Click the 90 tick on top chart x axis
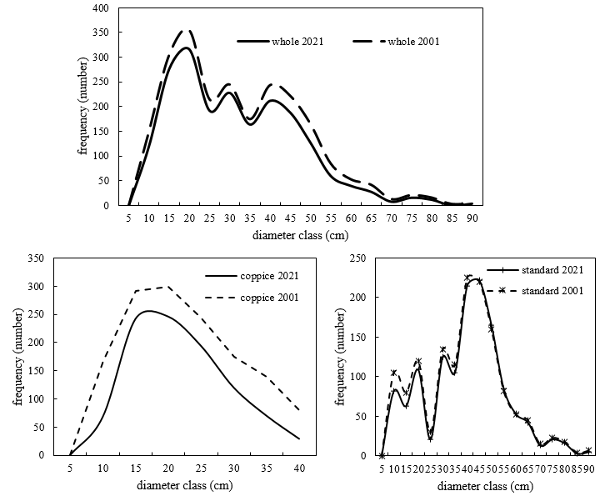point(471,219)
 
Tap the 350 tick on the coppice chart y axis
point(35,258)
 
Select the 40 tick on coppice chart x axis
point(298,468)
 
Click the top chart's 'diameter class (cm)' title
point(296,235)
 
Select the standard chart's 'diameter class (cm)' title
point(485,485)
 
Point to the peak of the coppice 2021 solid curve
point(147,311)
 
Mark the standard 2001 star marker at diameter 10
point(393,373)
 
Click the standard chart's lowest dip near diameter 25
point(430,438)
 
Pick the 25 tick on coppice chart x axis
point(201,468)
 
